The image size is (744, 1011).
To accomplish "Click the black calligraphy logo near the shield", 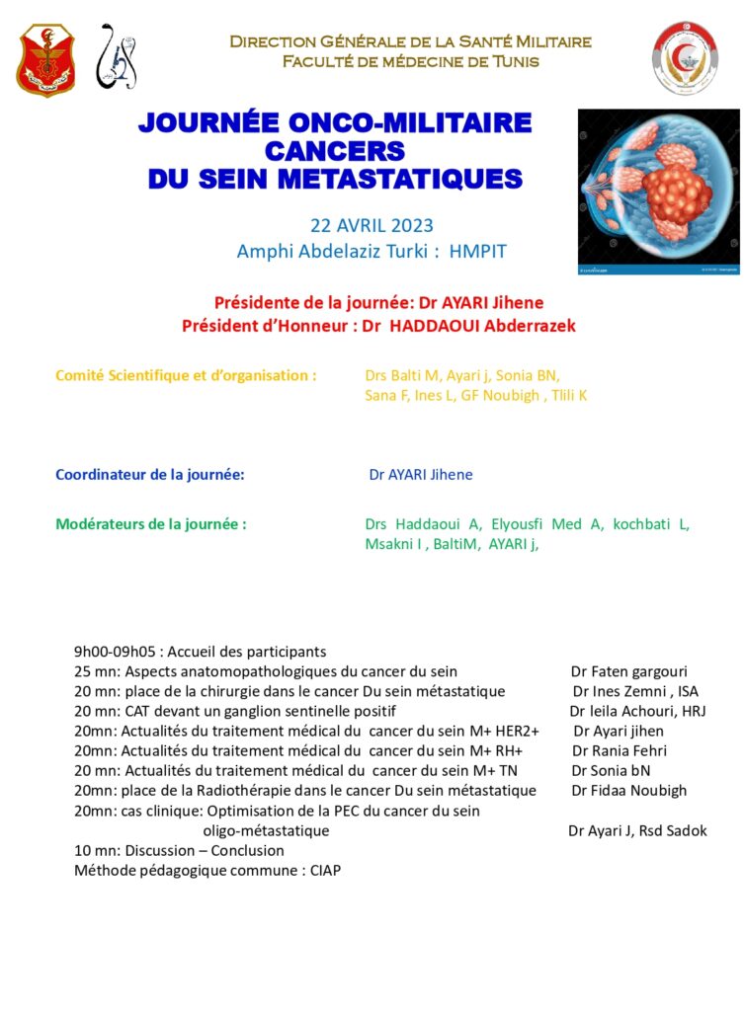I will [117, 58].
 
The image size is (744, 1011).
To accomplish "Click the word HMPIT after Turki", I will [477, 252].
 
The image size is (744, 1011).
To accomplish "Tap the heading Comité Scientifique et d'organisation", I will [186, 375].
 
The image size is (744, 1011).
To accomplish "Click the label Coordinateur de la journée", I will [149, 475].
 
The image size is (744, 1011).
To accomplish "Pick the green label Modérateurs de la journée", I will [150, 524].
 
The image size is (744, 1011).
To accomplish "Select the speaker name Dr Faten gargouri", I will [628, 671].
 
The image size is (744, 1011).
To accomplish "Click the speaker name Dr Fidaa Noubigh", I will [629, 790].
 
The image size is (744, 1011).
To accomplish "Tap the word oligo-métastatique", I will [266, 830].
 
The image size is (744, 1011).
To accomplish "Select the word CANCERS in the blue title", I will [335, 151].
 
